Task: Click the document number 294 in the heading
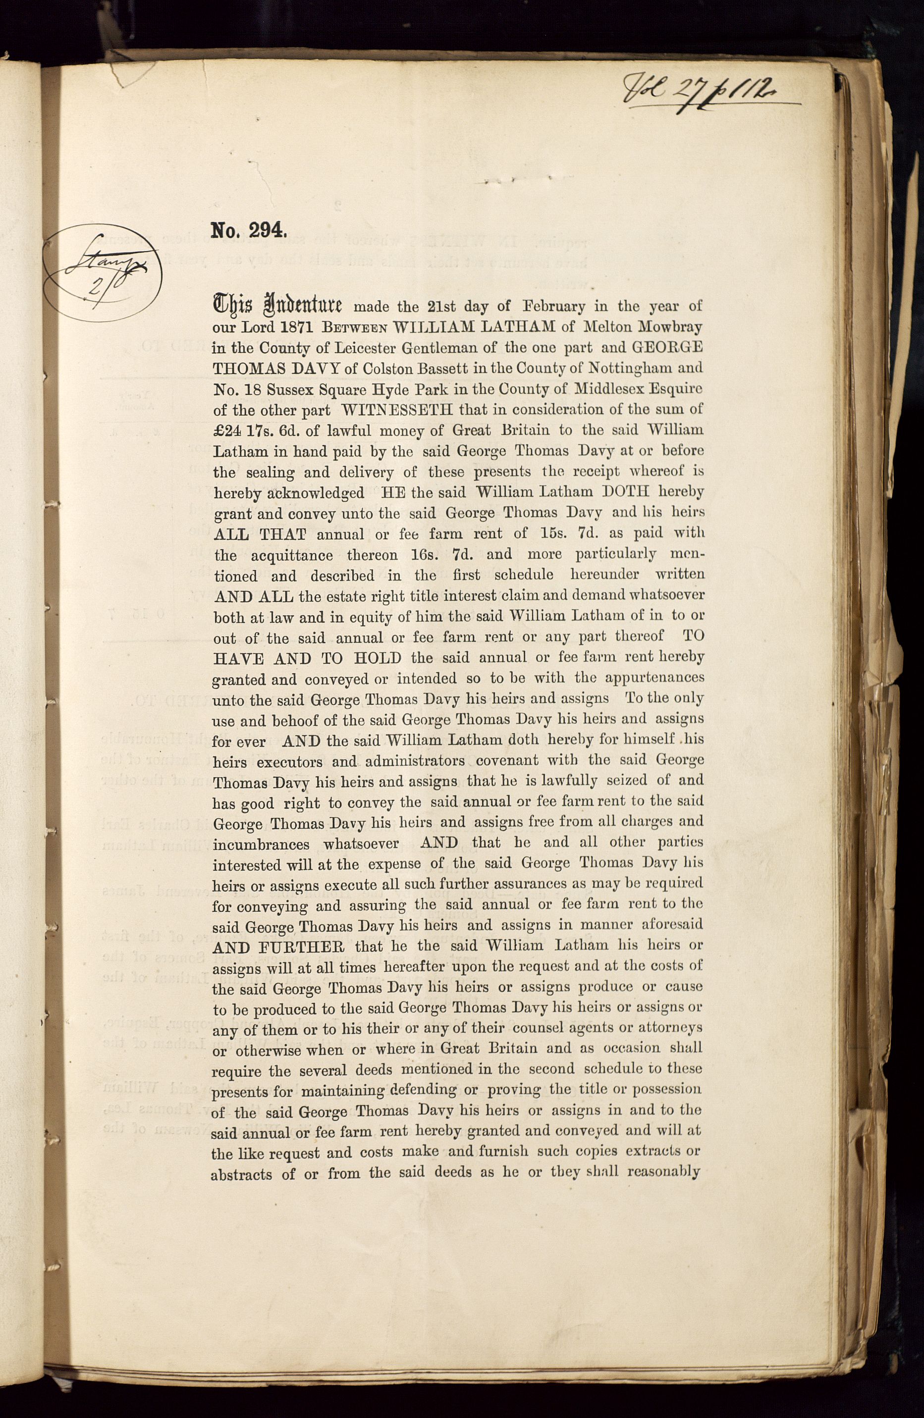tap(268, 231)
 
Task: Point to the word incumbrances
tap(261, 845)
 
